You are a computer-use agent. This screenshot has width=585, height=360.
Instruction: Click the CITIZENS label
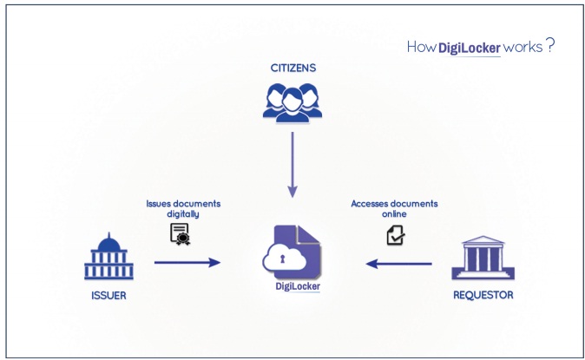click(292, 66)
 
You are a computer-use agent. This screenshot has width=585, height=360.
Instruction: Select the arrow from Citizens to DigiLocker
click(292, 164)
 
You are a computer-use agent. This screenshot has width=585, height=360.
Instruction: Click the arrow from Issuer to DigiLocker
click(187, 261)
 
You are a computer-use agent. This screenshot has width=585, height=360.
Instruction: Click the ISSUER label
click(108, 295)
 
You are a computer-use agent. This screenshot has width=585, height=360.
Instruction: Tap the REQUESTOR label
click(483, 295)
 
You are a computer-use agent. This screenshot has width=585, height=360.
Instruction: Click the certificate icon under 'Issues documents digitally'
click(180, 232)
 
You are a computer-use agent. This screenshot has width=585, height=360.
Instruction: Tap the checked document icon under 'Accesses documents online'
click(396, 233)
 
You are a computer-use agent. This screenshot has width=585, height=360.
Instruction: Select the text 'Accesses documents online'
click(395, 208)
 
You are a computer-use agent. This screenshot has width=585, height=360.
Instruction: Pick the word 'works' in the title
click(523, 48)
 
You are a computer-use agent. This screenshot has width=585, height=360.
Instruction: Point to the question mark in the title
click(550, 46)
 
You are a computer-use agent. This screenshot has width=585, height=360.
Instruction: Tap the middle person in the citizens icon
click(292, 98)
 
